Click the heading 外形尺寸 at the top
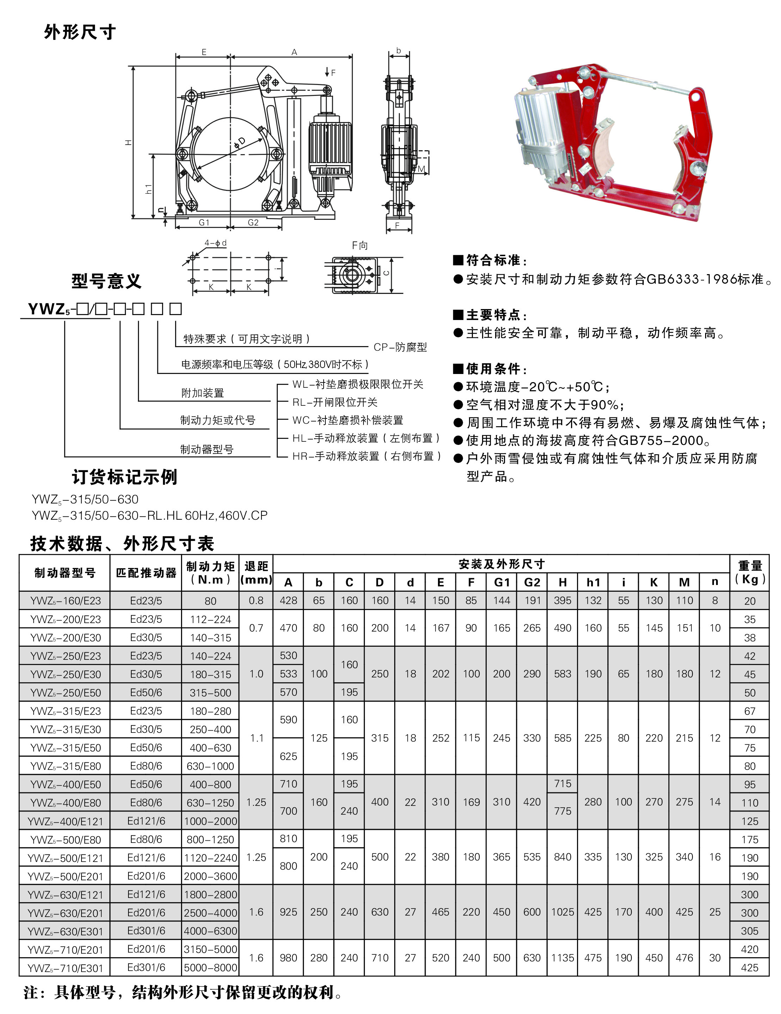click(79, 32)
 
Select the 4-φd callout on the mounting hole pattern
click(215, 243)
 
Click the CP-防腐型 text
click(400, 347)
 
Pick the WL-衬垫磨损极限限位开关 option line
click(358, 385)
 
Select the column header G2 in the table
click(532, 582)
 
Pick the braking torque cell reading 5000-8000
click(210, 968)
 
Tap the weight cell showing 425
click(750, 968)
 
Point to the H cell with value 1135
click(562, 958)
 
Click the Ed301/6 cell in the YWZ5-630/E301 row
click(146, 931)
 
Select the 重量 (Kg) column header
click(750, 573)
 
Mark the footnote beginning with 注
click(184, 992)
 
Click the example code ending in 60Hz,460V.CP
click(150, 516)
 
